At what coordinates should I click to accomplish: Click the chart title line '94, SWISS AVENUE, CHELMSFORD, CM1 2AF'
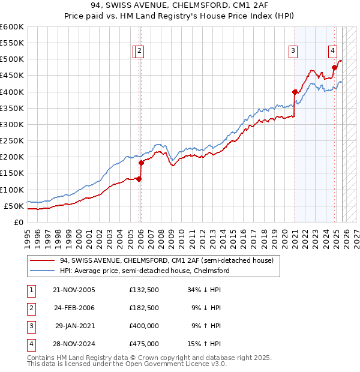pos(179,6)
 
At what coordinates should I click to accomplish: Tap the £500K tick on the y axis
pos(12,59)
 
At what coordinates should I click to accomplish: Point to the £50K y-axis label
pos(14,206)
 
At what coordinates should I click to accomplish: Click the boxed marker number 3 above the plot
pos(293,52)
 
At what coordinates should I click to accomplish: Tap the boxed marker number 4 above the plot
pos(332,52)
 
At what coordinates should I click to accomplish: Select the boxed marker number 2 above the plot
pos(139,52)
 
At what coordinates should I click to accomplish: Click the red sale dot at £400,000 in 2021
pos(295,92)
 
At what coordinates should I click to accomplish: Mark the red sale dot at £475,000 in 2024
pos(334,67)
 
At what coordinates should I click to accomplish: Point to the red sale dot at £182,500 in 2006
pos(142,162)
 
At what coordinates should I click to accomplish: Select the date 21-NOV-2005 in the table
pos(74,290)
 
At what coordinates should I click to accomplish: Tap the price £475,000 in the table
pos(143,344)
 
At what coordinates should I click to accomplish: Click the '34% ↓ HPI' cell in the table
pos(204,290)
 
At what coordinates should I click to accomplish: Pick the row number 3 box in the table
pos(30,326)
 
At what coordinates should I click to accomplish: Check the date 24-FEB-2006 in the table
pos(74,308)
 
